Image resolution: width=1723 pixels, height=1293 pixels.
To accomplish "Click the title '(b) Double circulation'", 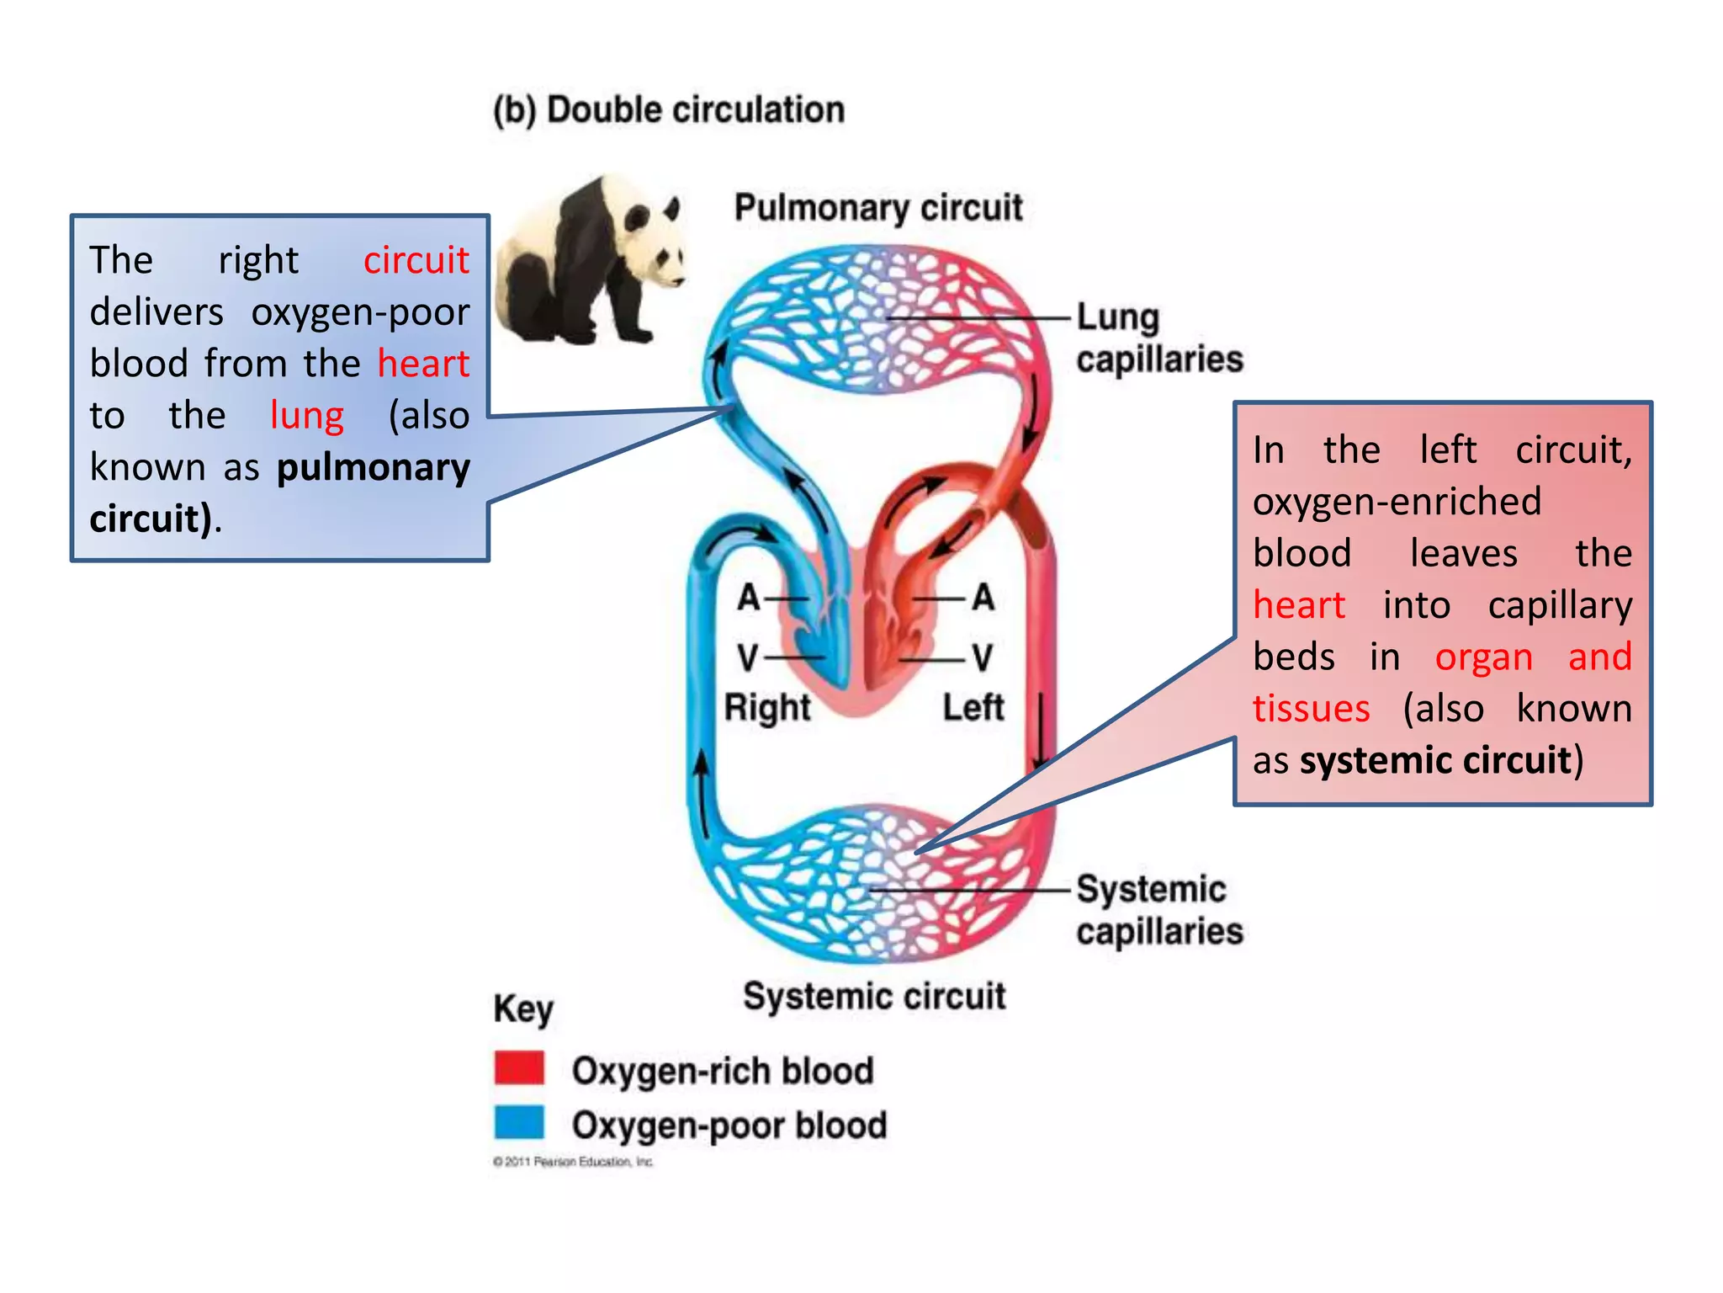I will pos(669,110).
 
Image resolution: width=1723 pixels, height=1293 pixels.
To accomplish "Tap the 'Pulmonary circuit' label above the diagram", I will pos(877,208).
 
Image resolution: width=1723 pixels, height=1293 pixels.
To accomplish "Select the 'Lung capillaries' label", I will pos(1158,338).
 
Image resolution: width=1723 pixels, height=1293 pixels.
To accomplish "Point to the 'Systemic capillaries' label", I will pos(1158,910).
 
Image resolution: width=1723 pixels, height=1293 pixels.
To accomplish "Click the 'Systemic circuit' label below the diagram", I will pos(873,996).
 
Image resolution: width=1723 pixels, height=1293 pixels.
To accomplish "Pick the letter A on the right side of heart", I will pos(983,598).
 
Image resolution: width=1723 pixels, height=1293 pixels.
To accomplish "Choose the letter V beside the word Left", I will pos(982,657).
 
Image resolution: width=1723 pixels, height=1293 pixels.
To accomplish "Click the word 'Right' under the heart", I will pos(766,707).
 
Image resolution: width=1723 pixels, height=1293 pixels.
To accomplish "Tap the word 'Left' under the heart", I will pos(973,707).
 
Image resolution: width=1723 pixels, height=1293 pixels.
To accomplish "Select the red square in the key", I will pos(519,1067).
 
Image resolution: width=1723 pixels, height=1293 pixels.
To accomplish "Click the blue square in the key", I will pos(519,1122).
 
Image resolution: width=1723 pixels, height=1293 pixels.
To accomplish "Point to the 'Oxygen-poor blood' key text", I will pos(729,1125).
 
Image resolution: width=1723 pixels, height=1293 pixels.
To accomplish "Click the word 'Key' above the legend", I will pos(523,1008).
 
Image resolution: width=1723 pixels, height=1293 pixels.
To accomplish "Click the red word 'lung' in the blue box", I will pos(306,415).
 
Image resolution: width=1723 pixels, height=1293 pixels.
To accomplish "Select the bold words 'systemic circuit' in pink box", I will pos(1435,760).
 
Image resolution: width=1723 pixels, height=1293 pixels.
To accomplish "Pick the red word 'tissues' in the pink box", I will pos(1311,708).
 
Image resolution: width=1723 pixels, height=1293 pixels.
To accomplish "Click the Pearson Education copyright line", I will pos(573,1162).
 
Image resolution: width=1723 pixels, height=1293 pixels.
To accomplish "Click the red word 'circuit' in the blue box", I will pos(416,260).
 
